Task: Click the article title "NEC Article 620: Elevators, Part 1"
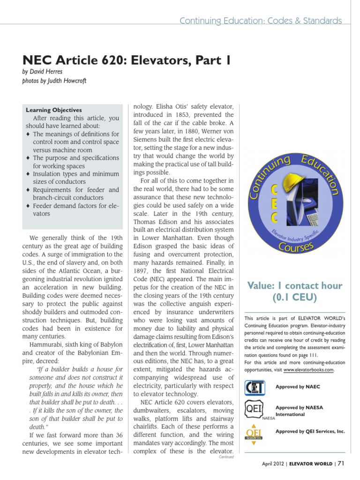[x=127, y=60]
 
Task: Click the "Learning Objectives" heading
[x=53, y=110]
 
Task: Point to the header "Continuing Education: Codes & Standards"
[x=261, y=21]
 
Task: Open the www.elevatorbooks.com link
[x=308, y=369]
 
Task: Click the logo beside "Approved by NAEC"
[x=255, y=387]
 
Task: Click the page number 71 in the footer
[x=341, y=464]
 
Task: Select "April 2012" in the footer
[x=273, y=464]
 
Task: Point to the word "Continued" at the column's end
[x=226, y=457]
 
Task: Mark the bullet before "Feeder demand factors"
[x=28, y=206]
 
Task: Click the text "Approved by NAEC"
[x=297, y=387]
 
